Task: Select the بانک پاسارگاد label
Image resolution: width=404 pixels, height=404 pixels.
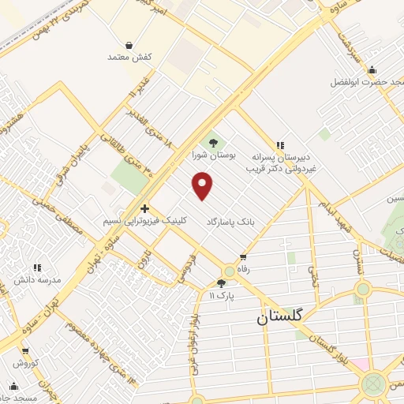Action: tap(233, 223)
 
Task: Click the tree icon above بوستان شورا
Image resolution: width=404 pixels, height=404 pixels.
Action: tap(211, 142)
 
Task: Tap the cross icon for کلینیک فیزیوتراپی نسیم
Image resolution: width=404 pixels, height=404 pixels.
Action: tap(144, 208)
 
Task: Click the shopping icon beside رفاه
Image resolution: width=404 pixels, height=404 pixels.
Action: tap(243, 257)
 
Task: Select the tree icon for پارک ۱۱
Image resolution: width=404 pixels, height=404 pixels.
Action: tap(221, 282)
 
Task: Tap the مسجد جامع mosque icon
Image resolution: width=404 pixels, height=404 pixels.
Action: tap(13, 386)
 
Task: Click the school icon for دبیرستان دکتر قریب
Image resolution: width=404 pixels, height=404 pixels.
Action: tap(280, 144)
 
